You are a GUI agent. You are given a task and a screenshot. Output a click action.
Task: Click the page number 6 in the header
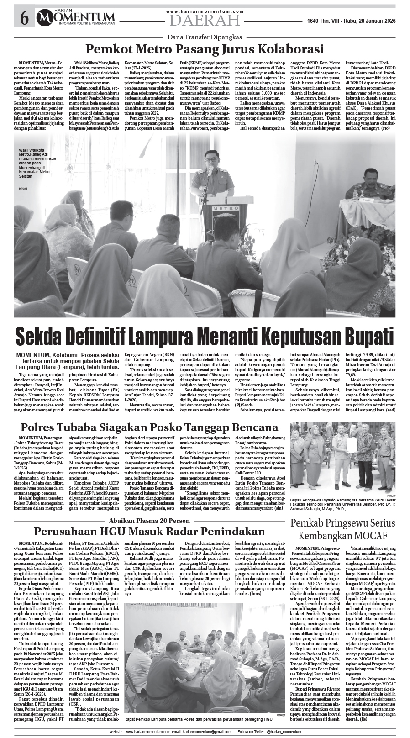[x=24, y=18]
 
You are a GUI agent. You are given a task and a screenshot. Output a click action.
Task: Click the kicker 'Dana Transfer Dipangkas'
[x=205, y=37]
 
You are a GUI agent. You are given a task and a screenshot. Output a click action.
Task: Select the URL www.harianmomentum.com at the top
[x=205, y=11]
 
